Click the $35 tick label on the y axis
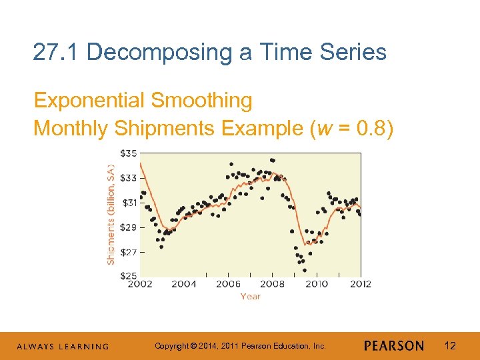pyautogui.click(x=129, y=153)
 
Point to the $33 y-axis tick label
pyautogui.click(x=129, y=178)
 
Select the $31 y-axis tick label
pyautogui.click(x=129, y=203)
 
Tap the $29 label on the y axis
pyautogui.click(x=129, y=227)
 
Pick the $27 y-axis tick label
pyautogui.click(x=129, y=252)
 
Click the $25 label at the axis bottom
pyautogui.click(x=129, y=275)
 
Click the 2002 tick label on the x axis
pyautogui.click(x=139, y=284)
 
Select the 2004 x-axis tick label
pyautogui.click(x=183, y=284)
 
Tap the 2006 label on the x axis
pyautogui.click(x=228, y=284)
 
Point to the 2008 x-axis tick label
pyautogui.click(x=272, y=284)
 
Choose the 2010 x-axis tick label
pyautogui.click(x=317, y=284)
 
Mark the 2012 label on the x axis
pyautogui.click(x=360, y=284)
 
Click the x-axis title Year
pyautogui.click(x=250, y=296)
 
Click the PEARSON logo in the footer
pyautogui.click(x=394, y=346)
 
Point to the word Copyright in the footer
pyautogui.click(x=171, y=346)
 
